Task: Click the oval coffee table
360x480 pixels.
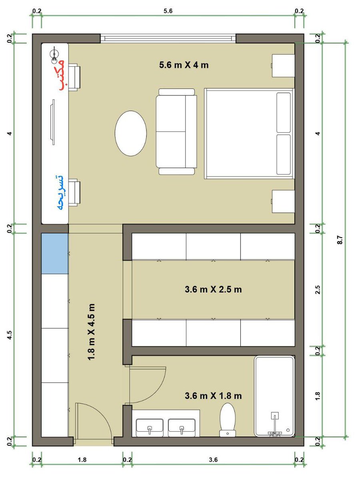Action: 131,133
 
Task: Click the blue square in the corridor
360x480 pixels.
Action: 55,254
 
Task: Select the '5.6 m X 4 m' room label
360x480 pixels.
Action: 184,65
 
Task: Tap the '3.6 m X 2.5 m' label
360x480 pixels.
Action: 213,289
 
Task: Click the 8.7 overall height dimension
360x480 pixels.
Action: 340,240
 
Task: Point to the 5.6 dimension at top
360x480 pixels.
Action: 168,11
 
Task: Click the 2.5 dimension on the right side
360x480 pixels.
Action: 318,290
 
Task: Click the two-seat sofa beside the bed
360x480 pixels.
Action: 176,132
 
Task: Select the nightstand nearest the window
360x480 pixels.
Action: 283,66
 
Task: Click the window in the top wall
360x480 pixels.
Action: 168,38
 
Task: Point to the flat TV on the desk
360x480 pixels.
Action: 52,122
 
